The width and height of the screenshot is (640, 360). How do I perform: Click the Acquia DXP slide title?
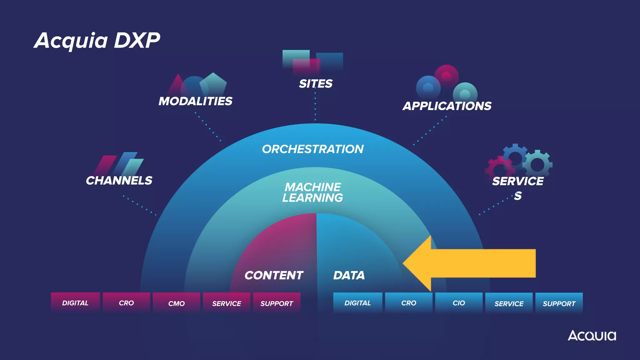[97, 41]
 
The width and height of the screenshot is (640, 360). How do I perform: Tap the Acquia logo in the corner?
[592, 336]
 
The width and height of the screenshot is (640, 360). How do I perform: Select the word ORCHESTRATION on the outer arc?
[312, 149]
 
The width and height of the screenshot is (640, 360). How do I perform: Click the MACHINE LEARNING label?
[312, 192]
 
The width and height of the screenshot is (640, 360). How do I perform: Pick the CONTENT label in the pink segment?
[274, 275]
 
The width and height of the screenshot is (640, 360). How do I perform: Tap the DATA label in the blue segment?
[349, 275]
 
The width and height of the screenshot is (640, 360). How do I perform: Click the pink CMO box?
[176, 303]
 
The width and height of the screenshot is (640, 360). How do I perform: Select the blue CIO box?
[459, 303]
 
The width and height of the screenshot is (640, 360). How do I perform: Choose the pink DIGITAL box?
[75, 303]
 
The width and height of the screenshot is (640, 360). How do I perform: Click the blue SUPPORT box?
[559, 303]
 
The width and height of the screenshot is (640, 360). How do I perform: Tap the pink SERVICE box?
[227, 303]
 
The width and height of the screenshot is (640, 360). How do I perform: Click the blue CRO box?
[409, 303]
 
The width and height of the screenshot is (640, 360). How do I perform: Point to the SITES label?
[316, 84]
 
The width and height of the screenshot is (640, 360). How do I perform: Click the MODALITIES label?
[195, 101]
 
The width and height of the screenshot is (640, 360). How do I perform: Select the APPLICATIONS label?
[447, 106]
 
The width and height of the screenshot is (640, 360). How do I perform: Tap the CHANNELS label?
[119, 181]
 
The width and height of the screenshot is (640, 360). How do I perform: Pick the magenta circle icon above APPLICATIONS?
[446, 76]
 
